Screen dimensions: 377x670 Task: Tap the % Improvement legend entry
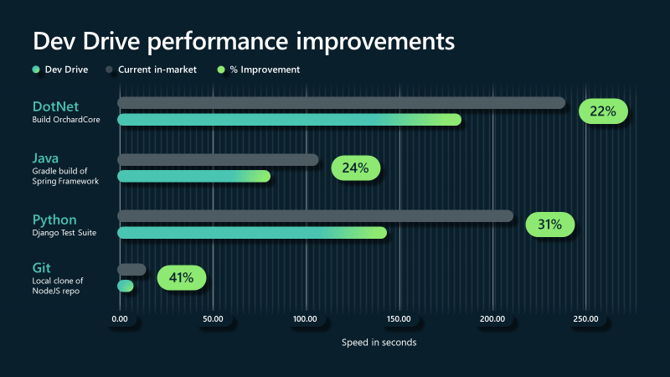264,70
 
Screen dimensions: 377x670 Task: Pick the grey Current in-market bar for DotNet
341,103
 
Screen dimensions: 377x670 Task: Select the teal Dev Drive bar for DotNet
289,120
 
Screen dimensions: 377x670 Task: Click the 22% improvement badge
602,111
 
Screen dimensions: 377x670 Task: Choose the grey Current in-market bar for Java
218,159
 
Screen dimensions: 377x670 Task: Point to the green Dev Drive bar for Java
193,176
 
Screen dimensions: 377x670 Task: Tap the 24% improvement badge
355,168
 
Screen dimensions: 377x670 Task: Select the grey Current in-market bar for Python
315,216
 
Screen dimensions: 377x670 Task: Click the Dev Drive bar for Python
252,232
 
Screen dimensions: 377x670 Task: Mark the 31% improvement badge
549,225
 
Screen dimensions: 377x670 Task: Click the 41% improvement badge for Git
181,277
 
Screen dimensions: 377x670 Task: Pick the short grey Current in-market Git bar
131,269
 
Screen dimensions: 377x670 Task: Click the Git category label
42,267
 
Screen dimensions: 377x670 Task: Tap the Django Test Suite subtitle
64,233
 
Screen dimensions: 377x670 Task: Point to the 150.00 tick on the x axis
399,318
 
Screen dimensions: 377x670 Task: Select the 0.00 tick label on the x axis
120,318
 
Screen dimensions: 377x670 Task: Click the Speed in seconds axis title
379,343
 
